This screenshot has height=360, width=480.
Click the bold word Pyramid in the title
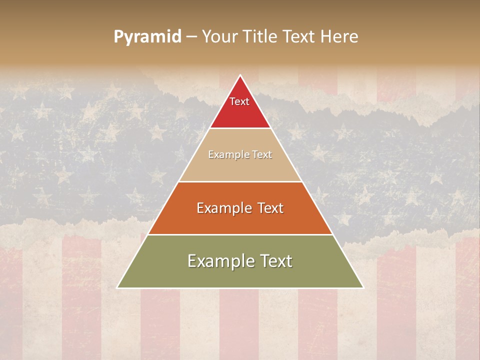[x=147, y=37]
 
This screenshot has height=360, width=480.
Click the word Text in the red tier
[x=239, y=101]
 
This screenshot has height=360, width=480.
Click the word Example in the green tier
[x=217, y=261]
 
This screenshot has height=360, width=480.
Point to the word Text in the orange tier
[x=268, y=208]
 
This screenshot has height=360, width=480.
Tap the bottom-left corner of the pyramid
[x=117, y=287]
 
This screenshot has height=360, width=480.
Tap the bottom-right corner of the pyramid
[x=363, y=287]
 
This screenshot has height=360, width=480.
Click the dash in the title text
[x=191, y=37]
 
